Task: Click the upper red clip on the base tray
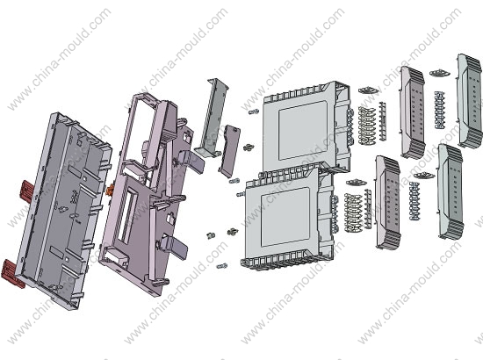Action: [x=27, y=191]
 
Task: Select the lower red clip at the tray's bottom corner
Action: [x=13, y=274]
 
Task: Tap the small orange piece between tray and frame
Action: [x=109, y=191]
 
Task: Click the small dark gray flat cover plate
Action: [x=229, y=151]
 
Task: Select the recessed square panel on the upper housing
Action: [x=302, y=130]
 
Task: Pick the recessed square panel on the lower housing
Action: [x=285, y=217]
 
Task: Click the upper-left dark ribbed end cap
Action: [x=412, y=112]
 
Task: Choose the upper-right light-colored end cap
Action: [x=470, y=100]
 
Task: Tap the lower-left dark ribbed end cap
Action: [x=388, y=202]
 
